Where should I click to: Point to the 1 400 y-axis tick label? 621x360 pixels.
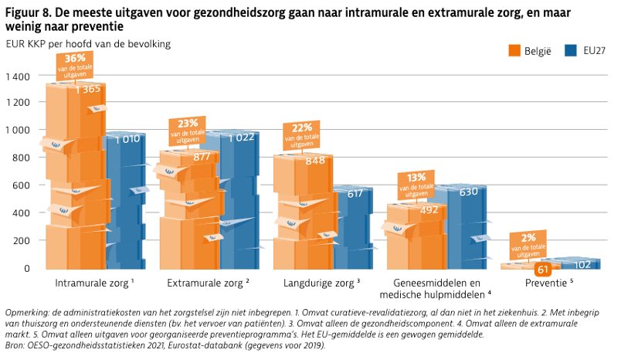click(x=17, y=76)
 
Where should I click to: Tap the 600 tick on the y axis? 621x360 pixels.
click(x=21, y=185)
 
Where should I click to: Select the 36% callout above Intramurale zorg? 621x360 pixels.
click(x=75, y=65)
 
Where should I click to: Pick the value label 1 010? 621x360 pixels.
click(x=127, y=139)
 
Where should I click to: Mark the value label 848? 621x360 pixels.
click(x=314, y=161)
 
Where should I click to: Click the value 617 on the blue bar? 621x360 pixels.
click(x=354, y=194)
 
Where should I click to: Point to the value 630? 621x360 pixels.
click(x=469, y=192)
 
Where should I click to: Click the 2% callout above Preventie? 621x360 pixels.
click(x=528, y=243)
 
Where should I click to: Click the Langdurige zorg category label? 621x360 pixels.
click(x=322, y=284)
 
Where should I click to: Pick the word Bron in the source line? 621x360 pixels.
click(x=15, y=345)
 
